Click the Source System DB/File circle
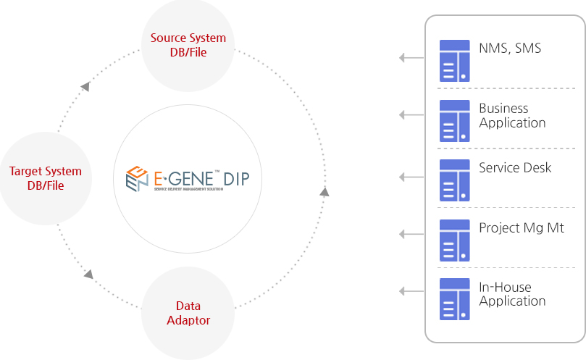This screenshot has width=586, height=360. [188, 46]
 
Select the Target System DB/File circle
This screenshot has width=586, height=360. [46, 178]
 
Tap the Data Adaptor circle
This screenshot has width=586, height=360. [188, 312]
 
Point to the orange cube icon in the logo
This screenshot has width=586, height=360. [136, 178]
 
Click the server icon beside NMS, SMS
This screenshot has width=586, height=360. [455, 61]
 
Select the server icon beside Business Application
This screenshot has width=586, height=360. [455, 121]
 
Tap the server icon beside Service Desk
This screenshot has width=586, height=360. [455, 180]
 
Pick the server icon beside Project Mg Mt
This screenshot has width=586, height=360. [455, 240]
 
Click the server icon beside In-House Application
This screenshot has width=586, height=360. [455, 299]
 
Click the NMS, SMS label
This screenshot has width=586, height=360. [510, 49]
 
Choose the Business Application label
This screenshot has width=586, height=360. [512, 115]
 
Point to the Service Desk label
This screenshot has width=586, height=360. [515, 168]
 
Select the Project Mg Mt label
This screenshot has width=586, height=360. [521, 228]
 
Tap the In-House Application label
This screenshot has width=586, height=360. [512, 294]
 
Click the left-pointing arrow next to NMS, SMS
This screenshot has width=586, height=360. [411, 57]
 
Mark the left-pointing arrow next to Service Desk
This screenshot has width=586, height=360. [411, 177]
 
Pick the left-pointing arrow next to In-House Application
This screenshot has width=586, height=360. [411, 291]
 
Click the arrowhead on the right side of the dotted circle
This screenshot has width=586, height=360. [324, 191]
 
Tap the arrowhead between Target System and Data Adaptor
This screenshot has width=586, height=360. [88, 275]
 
